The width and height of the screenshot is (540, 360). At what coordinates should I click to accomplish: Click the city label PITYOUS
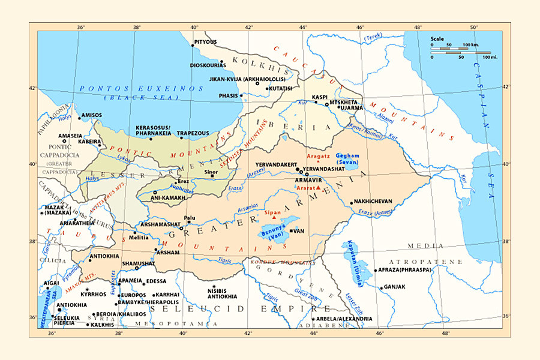(206, 42)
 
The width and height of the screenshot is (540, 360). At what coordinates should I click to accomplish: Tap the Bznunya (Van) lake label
(273, 233)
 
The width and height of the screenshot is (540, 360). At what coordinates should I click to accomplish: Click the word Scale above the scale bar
(437, 38)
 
